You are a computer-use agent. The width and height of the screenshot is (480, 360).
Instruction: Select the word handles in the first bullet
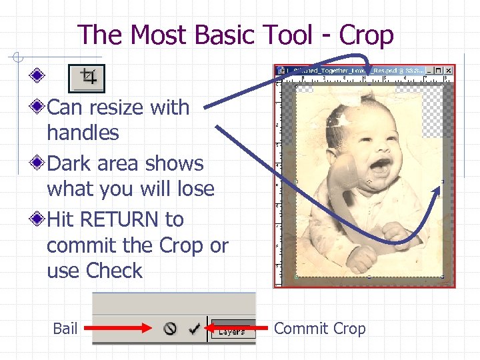83,133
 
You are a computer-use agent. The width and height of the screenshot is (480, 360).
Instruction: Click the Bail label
65,328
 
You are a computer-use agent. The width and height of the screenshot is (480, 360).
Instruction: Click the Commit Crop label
320,328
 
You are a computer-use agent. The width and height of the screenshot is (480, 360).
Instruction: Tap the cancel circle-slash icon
171,328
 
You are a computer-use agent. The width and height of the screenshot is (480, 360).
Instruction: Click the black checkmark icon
195,328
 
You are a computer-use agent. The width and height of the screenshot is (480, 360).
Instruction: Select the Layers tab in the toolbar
231,330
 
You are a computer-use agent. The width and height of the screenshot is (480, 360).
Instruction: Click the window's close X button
449,69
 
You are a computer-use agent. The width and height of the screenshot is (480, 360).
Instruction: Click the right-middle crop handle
443,181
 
